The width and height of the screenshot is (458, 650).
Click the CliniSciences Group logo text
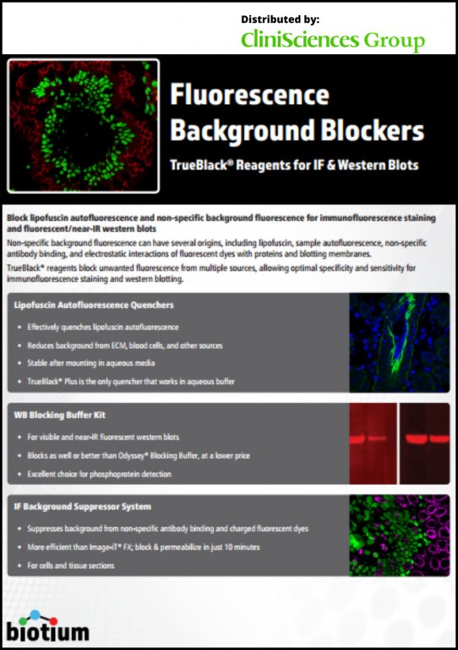point(333,41)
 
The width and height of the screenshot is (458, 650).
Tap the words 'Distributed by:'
point(280,19)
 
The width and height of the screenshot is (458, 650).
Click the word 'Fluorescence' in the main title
point(249,95)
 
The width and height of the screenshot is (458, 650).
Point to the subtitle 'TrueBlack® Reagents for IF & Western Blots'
point(294,165)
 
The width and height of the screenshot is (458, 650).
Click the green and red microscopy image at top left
point(83,125)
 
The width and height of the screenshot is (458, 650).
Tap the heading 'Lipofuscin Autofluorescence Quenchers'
point(94,305)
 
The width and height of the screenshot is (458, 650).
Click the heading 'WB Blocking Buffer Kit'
point(60,415)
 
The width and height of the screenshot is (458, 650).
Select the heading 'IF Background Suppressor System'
point(82,507)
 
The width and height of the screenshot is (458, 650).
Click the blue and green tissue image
point(399,343)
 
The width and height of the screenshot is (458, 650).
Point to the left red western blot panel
point(373,443)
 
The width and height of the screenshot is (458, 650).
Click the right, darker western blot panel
point(424,443)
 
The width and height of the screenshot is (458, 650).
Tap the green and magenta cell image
point(399,536)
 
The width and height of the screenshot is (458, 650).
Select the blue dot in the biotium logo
point(35,614)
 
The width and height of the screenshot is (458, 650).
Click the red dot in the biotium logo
point(53,621)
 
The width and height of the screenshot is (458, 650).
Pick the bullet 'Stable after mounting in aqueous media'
point(91,363)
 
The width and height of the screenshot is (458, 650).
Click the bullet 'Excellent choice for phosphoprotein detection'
point(100,474)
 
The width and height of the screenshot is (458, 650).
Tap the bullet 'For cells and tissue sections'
point(71,565)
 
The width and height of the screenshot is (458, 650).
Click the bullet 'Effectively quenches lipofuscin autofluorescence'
point(103,327)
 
